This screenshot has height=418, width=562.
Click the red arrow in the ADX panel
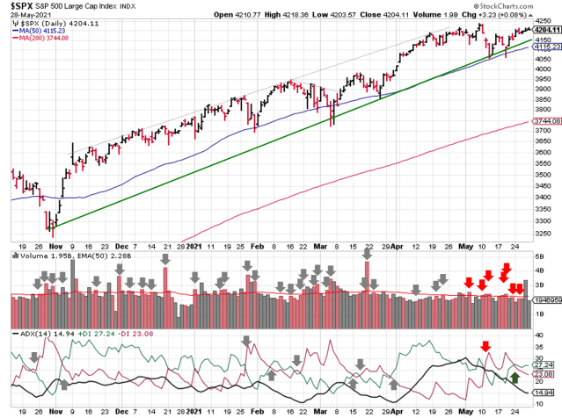point(484,347)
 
